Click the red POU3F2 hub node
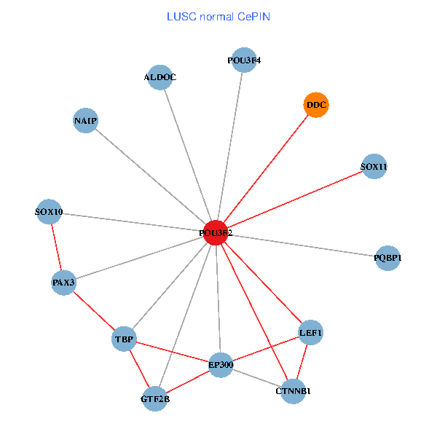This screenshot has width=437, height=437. (x=216, y=232)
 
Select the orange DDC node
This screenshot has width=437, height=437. (x=316, y=105)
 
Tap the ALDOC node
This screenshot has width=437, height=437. (x=160, y=77)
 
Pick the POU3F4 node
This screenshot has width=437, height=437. (x=243, y=60)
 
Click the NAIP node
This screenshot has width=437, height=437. (x=85, y=120)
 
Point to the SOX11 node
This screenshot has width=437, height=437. (x=374, y=167)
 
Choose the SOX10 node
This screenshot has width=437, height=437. (x=50, y=213)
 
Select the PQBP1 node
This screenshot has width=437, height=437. (x=387, y=258)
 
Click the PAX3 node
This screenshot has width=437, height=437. (x=64, y=282)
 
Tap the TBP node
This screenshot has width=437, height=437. (x=124, y=339)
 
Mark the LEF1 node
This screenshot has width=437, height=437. (x=310, y=333)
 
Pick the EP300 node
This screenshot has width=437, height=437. (x=221, y=364)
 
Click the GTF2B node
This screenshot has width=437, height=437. (x=155, y=398)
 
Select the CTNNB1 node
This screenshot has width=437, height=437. (x=293, y=391)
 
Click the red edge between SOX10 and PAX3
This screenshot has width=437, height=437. (x=57, y=248)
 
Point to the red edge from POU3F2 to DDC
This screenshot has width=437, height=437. (x=266, y=169)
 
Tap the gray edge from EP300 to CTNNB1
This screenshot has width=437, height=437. (x=256, y=377)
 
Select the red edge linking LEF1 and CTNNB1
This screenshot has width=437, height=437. (x=302, y=362)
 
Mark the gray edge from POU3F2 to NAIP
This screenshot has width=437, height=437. (x=150, y=176)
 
